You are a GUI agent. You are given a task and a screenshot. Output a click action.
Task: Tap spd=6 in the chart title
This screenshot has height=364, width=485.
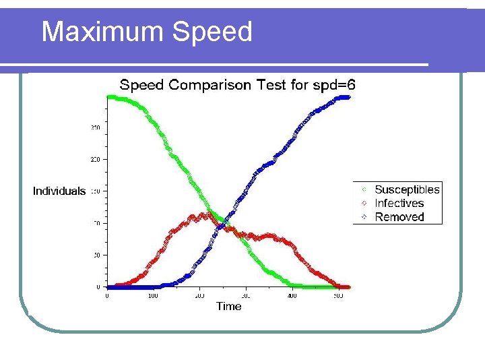tap(335, 85)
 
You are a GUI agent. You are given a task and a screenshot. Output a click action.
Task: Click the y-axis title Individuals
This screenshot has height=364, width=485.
tap(59, 191)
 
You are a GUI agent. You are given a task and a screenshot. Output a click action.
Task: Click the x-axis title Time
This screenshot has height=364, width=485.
tap(228, 306)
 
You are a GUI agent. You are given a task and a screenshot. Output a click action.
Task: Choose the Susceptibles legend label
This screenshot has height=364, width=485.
tap(407, 189)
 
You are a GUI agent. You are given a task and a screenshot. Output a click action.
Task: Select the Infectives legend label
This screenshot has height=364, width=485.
tap(399, 203)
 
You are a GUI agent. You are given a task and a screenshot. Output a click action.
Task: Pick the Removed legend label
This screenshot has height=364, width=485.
tap(399, 216)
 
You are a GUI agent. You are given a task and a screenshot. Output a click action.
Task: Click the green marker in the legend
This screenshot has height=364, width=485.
tap(364, 190)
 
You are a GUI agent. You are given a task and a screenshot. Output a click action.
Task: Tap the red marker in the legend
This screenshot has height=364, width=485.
tap(364, 204)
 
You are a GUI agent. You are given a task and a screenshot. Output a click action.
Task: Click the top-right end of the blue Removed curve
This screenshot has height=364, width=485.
tap(348, 97)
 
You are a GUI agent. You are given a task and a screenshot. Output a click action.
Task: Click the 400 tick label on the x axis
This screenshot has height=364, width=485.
tap(292, 296)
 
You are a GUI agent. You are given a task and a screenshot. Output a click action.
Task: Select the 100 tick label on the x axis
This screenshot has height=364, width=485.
tap(153, 296)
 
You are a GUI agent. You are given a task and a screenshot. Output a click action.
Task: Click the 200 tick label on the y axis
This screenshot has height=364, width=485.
tap(95, 159)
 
